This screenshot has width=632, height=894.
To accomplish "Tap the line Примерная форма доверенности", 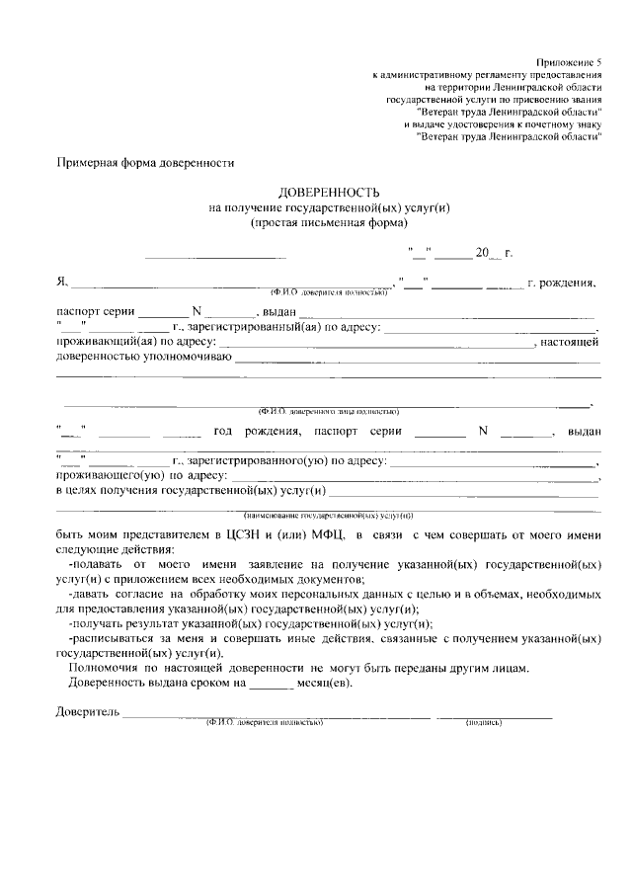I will tap(145, 161).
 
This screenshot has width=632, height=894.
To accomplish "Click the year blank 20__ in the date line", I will tap(488, 254).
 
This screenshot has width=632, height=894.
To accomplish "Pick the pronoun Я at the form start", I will tap(60, 284).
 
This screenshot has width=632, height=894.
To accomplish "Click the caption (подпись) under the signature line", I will tap(484, 723).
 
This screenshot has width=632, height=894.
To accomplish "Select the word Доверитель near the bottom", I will tap(88, 711).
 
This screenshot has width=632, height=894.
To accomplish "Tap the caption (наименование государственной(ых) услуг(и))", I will tap(328, 516).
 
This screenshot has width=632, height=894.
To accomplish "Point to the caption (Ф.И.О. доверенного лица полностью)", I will tap(328, 410).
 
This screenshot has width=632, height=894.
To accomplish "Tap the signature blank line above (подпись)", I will tap(494, 715).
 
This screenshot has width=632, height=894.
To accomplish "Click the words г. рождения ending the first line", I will tap(562, 284).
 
